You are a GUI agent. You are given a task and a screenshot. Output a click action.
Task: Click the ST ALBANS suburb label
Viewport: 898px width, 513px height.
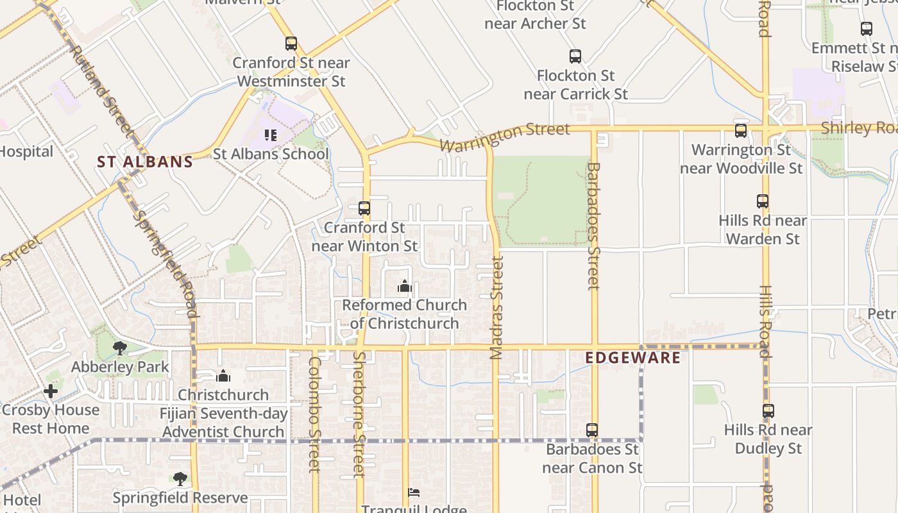(145, 162)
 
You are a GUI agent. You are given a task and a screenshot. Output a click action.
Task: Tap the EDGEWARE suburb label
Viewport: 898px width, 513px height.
(633, 357)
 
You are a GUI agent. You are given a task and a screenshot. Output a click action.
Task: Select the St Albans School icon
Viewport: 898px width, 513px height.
(271, 135)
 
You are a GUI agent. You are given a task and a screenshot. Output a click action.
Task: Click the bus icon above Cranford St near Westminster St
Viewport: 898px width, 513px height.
(291, 44)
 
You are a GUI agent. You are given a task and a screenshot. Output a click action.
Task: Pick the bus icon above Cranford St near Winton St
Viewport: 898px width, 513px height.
(364, 208)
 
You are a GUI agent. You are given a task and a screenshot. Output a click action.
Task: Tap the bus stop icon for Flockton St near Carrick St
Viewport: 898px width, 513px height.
(575, 56)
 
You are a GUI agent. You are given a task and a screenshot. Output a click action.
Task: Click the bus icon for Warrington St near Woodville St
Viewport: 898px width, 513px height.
(741, 131)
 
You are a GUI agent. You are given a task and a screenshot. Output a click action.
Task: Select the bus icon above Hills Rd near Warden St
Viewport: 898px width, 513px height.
(763, 201)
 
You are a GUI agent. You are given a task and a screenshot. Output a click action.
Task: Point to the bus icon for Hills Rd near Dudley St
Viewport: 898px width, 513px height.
(768, 411)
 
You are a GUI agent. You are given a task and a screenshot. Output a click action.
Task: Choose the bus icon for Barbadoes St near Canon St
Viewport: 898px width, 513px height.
(592, 430)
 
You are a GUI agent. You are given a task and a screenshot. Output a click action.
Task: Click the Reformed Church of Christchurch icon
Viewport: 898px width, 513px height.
(405, 286)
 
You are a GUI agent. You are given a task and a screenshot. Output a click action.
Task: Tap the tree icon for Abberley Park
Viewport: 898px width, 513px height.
(120, 348)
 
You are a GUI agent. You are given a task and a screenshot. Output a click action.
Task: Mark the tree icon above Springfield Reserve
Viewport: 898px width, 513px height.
(180, 479)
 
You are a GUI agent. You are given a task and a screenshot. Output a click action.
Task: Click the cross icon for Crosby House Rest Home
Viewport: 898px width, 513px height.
(51, 391)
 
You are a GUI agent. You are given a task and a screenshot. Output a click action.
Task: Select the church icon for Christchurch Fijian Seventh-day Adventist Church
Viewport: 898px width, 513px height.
(223, 376)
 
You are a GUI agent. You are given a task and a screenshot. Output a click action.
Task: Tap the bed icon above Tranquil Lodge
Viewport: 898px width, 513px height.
(414, 493)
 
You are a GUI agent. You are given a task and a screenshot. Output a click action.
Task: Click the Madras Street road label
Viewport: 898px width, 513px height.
(496, 308)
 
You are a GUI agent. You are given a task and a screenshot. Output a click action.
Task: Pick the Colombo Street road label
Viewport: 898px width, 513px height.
(314, 414)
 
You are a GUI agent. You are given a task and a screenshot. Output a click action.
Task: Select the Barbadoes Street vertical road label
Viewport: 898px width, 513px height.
(593, 226)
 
